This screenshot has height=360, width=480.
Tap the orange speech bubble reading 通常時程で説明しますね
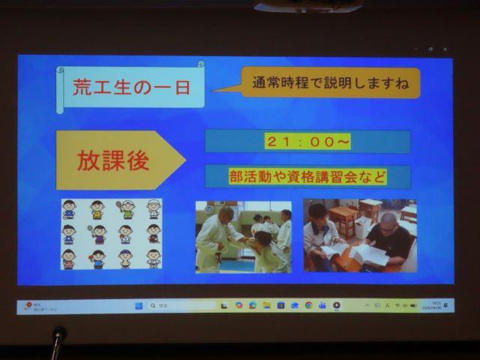pyautogui.click(x=330, y=82)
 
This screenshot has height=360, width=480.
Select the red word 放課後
pyautogui.click(x=113, y=160)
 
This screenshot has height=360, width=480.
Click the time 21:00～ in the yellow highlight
pyautogui.click(x=307, y=142)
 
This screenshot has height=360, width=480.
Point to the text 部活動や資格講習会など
pyautogui.click(x=307, y=177)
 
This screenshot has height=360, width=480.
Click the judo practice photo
pyautogui.click(x=243, y=236)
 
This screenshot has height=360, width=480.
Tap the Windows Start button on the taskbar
pyautogui.click(x=138, y=306)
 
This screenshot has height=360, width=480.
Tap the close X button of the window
pyautogui.click(x=445, y=49)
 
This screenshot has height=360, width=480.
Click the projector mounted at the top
pyautogui.click(x=307, y=7)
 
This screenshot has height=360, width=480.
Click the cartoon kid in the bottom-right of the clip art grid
pyautogui.click(x=153, y=259)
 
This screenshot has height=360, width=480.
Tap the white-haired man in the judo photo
pyautogui.click(x=220, y=235)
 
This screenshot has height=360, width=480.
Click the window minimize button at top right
pyautogui.click(x=416, y=49)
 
